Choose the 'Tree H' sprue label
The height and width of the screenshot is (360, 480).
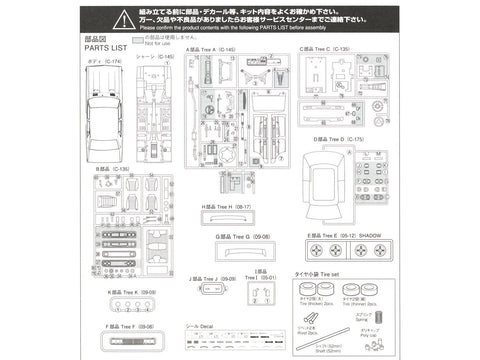pos(224,207)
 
